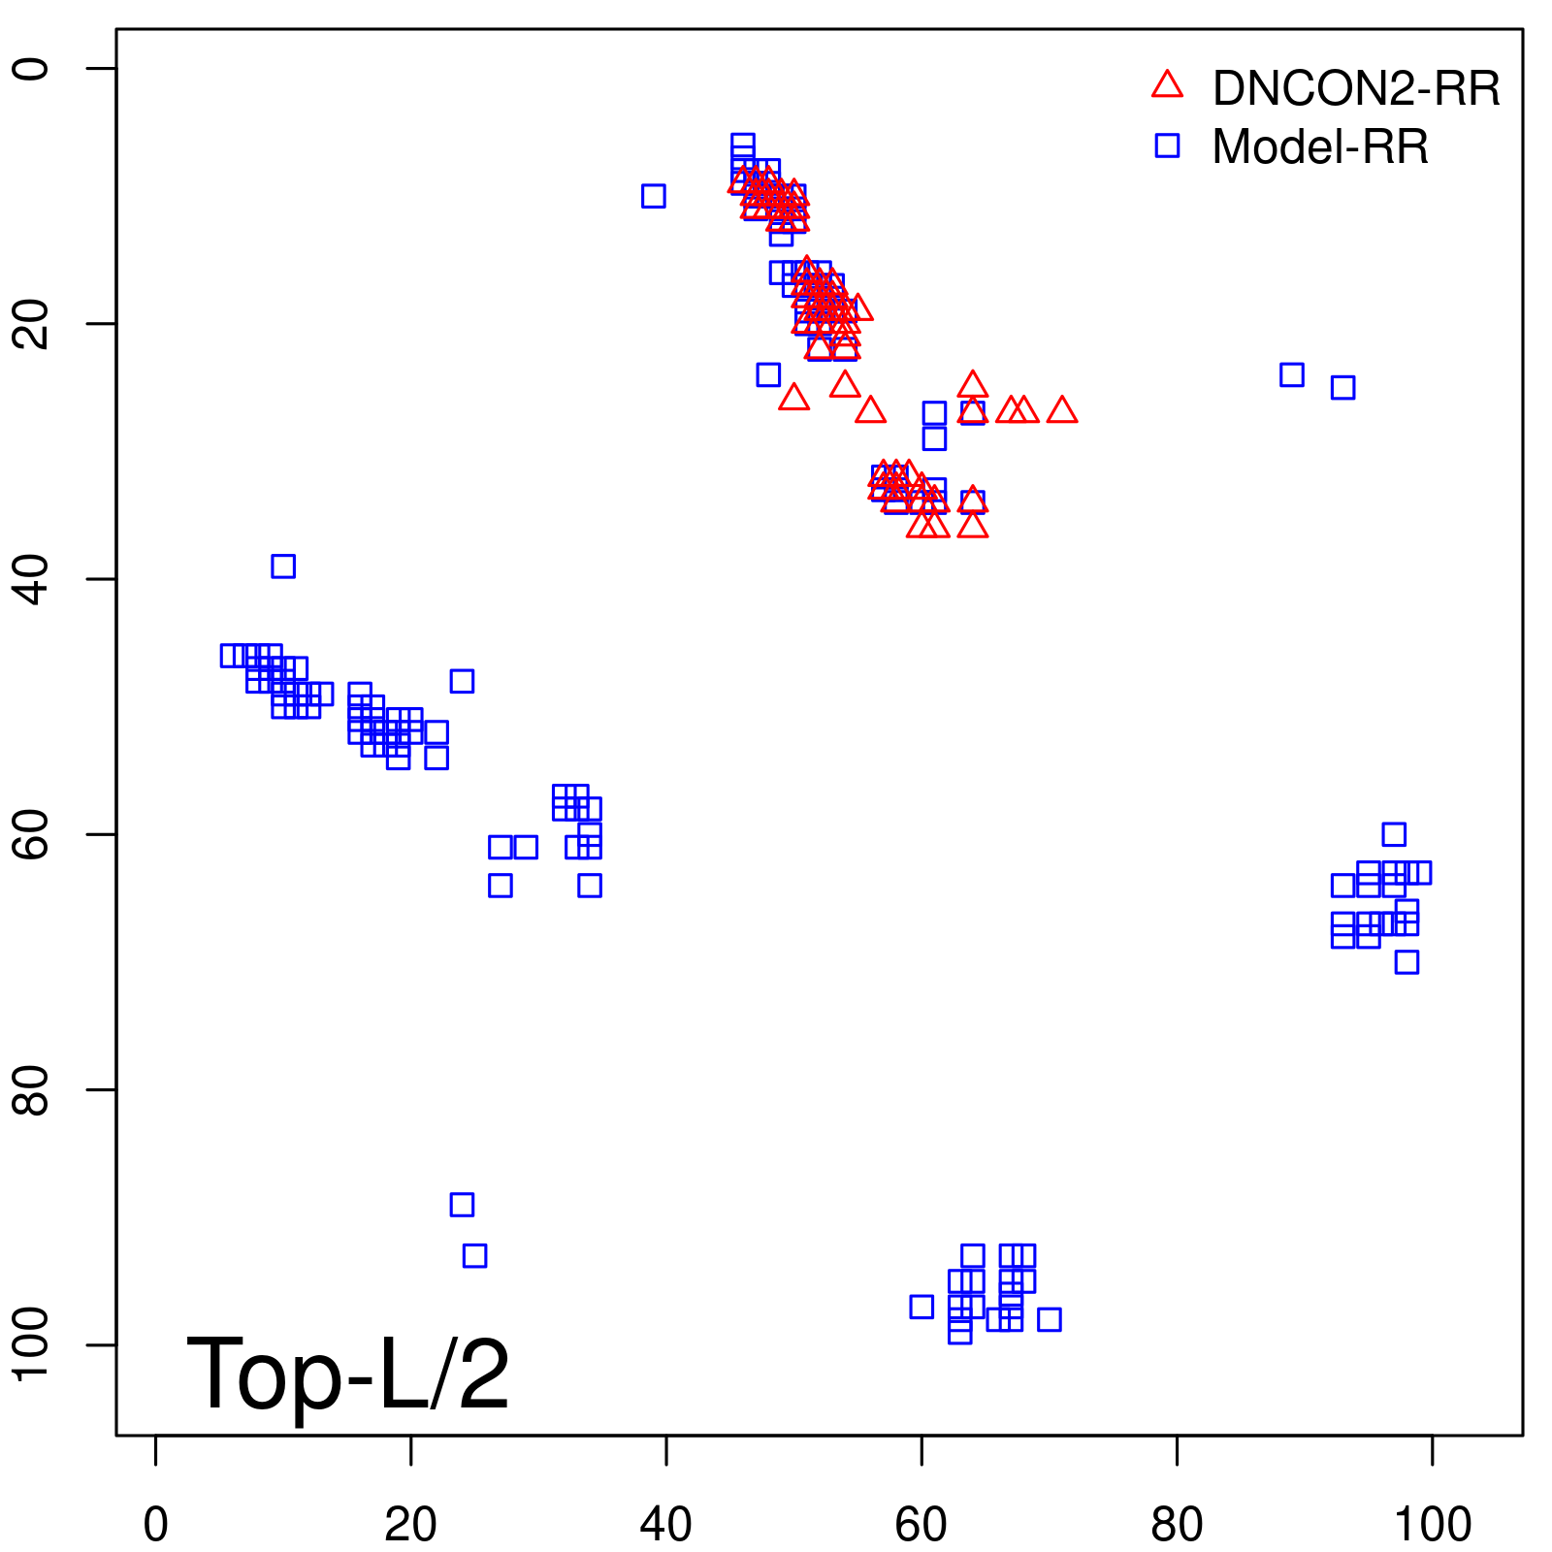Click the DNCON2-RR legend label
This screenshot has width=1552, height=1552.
pos(1355,89)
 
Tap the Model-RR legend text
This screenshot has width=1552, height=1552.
pos(1319,147)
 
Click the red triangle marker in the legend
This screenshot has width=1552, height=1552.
pos(1167,85)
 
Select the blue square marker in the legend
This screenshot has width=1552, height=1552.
pos(1167,145)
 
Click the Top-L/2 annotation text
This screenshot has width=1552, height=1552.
pos(347,1374)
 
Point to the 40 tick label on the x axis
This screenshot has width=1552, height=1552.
pos(666,1525)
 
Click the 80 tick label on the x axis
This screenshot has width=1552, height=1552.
pos(1177,1525)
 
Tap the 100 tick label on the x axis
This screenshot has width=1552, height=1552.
pos(1432,1525)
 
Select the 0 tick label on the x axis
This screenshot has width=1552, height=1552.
pos(155,1525)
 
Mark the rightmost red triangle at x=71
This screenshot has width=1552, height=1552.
pos(1062,410)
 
